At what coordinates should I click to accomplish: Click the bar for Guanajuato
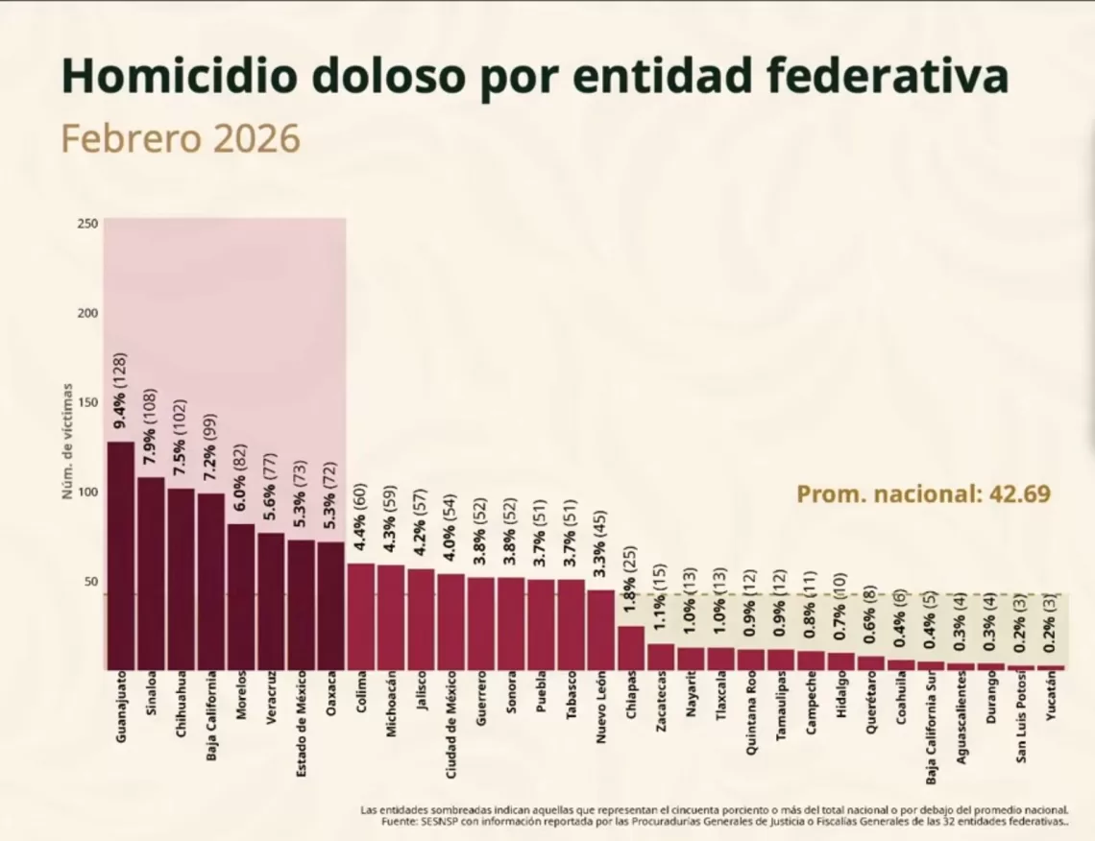click(x=121, y=556)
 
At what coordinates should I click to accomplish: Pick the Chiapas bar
click(x=631, y=648)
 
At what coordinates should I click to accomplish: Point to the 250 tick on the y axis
click(x=87, y=224)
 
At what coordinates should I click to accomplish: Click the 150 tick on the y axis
click(x=87, y=402)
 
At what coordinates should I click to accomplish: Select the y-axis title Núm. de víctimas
click(x=68, y=441)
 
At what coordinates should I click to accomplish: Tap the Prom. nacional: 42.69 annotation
click(x=923, y=494)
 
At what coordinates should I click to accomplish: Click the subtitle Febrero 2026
click(x=182, y=139)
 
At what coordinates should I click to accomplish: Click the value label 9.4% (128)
click(x=121, y=394)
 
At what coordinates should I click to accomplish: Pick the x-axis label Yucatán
click(x=1052, y=702)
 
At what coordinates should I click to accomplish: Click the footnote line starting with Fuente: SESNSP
click(x=715, y=823)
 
